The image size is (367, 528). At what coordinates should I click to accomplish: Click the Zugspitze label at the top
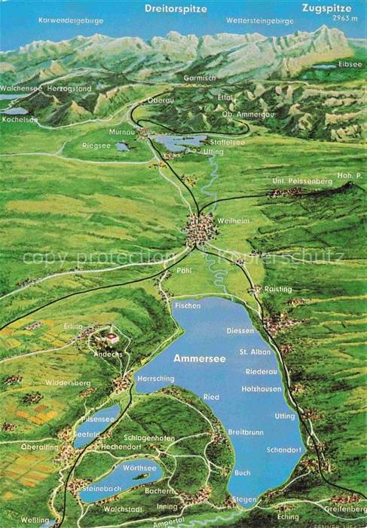pyautogui.click(x=326, y=8)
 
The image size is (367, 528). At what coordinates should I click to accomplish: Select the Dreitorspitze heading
pyautogui.click(x=176, y=9)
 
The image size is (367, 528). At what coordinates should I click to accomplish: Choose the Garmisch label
pyautogui.click(x=198, y=78)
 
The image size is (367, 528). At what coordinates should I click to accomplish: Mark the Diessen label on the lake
pyautogui.click(x=241, y=330)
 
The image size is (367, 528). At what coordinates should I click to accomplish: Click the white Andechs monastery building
pyautogui.click(x=112, y=337)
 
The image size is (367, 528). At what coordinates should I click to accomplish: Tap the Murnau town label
pyautogui.click(x=123, y=131)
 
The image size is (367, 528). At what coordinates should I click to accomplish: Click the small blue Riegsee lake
pyautogui.click(x=122, y=147)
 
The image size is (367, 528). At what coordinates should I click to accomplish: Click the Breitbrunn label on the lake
pyautogui.click(x=243, y=431)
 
